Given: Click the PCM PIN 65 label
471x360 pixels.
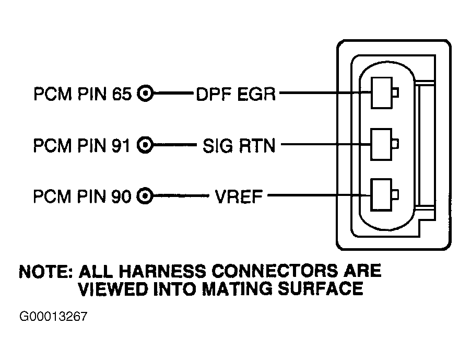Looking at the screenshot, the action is (x=83, y=94).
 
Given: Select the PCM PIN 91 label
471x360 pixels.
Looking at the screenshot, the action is (x=82, y=145).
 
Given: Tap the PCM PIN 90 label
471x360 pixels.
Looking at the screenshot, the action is (x=83, y=196).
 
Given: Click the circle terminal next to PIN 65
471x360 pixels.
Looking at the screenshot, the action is (x=145, y=93).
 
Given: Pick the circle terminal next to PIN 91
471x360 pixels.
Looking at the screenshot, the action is (x=145, y=145).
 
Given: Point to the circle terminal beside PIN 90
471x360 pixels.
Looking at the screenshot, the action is (x=145, y=196).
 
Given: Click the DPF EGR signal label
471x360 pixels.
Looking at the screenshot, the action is (x=236, y=94).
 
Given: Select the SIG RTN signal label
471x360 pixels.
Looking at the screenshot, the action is (x=239, y=146).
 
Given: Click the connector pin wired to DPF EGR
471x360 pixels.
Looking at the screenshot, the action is (x=384, y=92).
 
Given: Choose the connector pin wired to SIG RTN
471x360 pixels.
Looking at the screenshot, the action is (x=384, y=144).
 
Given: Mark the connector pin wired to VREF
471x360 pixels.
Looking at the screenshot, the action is (x=384, y=195).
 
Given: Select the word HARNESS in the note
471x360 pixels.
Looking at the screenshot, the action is (x=162, y=271).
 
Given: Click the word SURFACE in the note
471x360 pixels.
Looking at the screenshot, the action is (x=320, y=289).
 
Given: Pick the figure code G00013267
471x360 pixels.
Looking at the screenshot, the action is (x=53, y=317).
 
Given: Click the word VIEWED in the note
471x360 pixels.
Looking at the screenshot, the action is (x=113, y=289).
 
